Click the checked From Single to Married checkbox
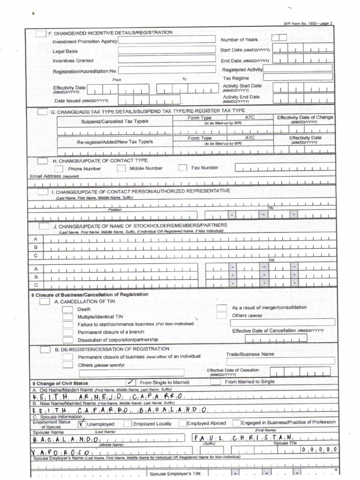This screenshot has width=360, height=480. [131, 382]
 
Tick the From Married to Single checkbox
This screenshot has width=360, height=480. [215, 382]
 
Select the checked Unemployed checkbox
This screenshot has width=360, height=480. [82, 423]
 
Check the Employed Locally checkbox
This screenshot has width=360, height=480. [127, 423]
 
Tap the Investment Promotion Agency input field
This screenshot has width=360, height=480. [166, 40]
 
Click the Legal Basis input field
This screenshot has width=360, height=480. [166, 50]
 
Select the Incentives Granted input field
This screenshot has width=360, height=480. [166, 60]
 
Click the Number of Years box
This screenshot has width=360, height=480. [279, 38]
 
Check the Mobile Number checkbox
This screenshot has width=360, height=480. [121, 168]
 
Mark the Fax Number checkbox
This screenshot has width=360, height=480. [183, 168]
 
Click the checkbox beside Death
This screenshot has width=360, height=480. [68, 309]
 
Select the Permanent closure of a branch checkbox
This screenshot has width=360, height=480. [68, 332]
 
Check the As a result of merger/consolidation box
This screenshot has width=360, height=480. [222, 307]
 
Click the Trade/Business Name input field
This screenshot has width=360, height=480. [280, 361]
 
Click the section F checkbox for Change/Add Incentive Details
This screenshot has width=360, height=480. [41, 33]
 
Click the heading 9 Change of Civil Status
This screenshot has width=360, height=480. [60, 383]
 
